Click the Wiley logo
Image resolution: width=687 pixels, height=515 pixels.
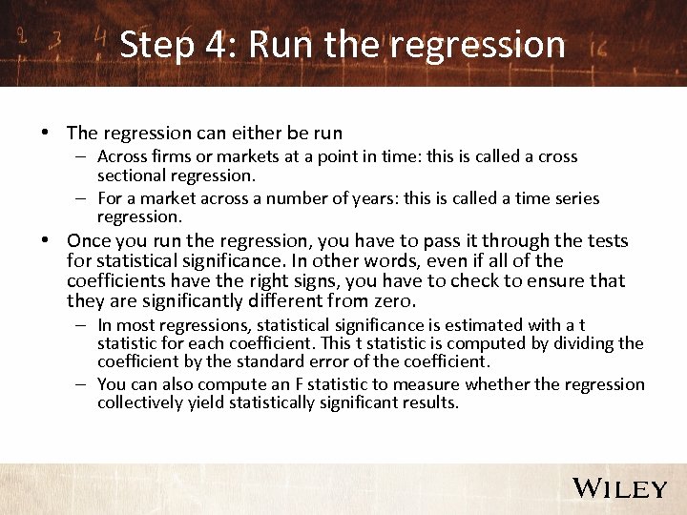pos(619,488)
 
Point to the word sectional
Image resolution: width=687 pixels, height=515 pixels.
pos(133,175)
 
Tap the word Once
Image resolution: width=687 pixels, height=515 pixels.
pos(89,241)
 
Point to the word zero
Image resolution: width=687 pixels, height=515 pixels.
pos(392,301)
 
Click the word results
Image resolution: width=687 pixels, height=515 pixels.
pos(430,402)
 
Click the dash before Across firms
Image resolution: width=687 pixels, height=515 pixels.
pos(83,157)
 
